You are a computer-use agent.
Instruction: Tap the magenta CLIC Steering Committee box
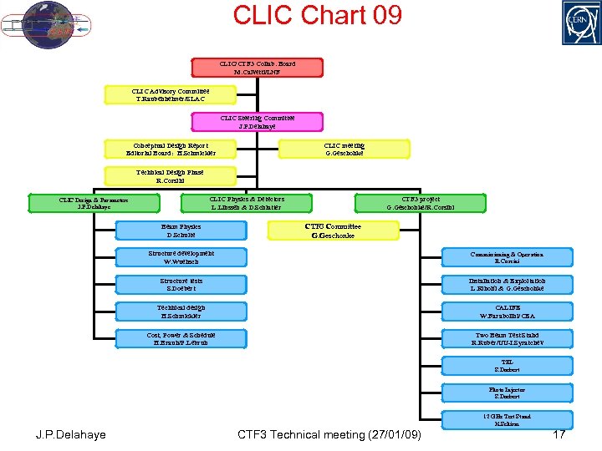(x=257, y=123)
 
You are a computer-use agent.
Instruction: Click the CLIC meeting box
(x=344, y=149)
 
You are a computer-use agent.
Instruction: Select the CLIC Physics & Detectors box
(x=247, y=203)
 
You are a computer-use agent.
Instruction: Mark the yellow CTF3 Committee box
(x=333, y=231)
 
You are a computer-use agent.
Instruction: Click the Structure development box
(x=181, y=257)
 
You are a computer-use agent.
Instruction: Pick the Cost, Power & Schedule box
(x=181, y=338)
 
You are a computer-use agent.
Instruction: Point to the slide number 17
(x=559, y=434)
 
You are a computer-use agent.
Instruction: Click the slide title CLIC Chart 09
(x=317, y=15)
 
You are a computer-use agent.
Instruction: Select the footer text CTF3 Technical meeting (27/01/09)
(x=329, y=434)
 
